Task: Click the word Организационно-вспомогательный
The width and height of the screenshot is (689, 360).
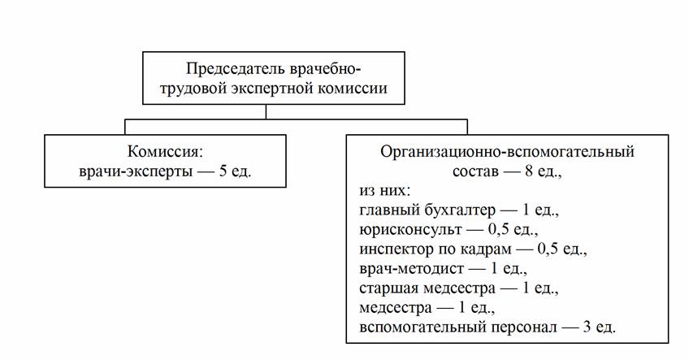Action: pos(506,152)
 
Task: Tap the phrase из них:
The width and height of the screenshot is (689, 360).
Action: pos(383,191)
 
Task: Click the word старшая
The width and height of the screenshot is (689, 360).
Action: pos(386,288)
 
